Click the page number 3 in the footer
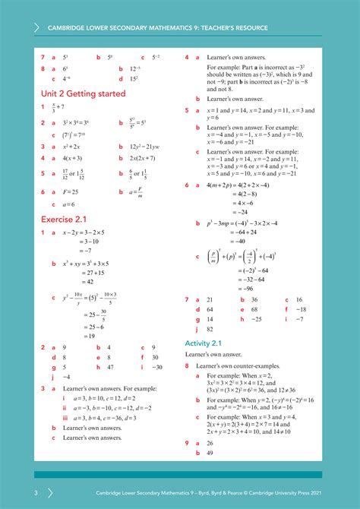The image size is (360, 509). tap(24, 492)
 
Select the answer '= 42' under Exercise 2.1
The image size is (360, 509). tap(84, 281)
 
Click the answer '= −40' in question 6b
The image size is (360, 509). tap(226, 242)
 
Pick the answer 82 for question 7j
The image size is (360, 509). tap(210, 330)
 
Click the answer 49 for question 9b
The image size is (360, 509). tap(210, 453)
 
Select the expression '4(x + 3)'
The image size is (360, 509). tap(72, 158)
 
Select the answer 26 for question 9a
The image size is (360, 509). tap(210, 443)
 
